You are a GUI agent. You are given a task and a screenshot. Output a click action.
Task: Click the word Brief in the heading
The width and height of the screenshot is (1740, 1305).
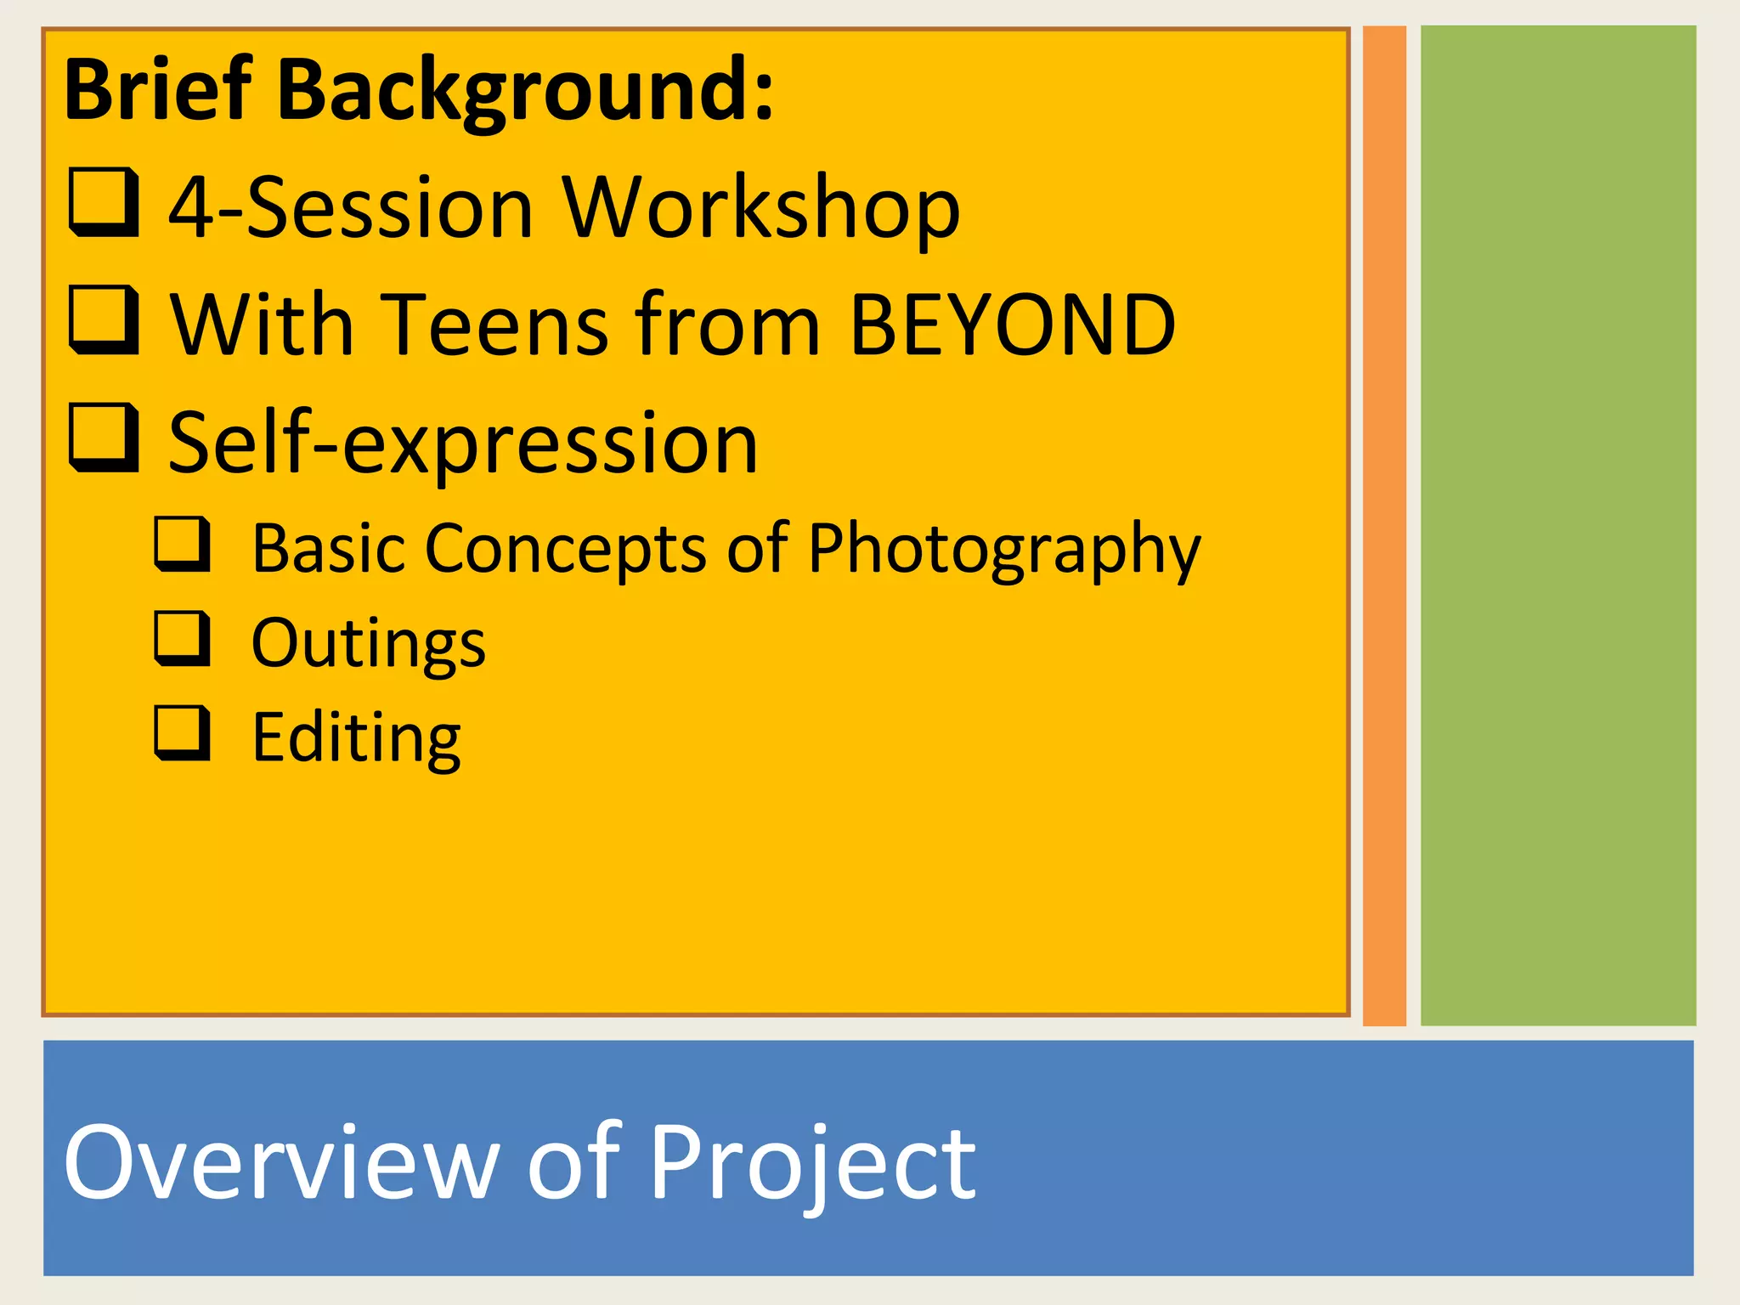(x=158, y=89)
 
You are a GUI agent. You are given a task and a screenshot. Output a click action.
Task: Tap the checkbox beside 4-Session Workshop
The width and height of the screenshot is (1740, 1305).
(x=104, y=202)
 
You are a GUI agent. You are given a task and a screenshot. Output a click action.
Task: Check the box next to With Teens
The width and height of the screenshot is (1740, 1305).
(x=104, y=319)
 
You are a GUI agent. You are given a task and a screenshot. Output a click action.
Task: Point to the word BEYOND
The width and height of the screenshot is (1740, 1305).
(x=1012, y=325)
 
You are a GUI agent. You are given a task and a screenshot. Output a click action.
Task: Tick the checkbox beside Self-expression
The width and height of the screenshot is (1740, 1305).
(x=104, y=438)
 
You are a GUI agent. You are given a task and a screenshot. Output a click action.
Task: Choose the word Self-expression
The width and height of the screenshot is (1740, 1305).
(x=463, y=443)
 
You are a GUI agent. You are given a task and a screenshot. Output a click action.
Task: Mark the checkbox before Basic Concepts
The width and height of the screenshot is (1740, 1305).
(x=183, y=544)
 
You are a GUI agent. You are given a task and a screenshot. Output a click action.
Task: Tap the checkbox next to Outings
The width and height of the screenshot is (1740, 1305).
(x=183, y=638)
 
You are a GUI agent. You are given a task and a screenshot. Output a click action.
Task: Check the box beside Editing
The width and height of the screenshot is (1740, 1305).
(x=183, y=732)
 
